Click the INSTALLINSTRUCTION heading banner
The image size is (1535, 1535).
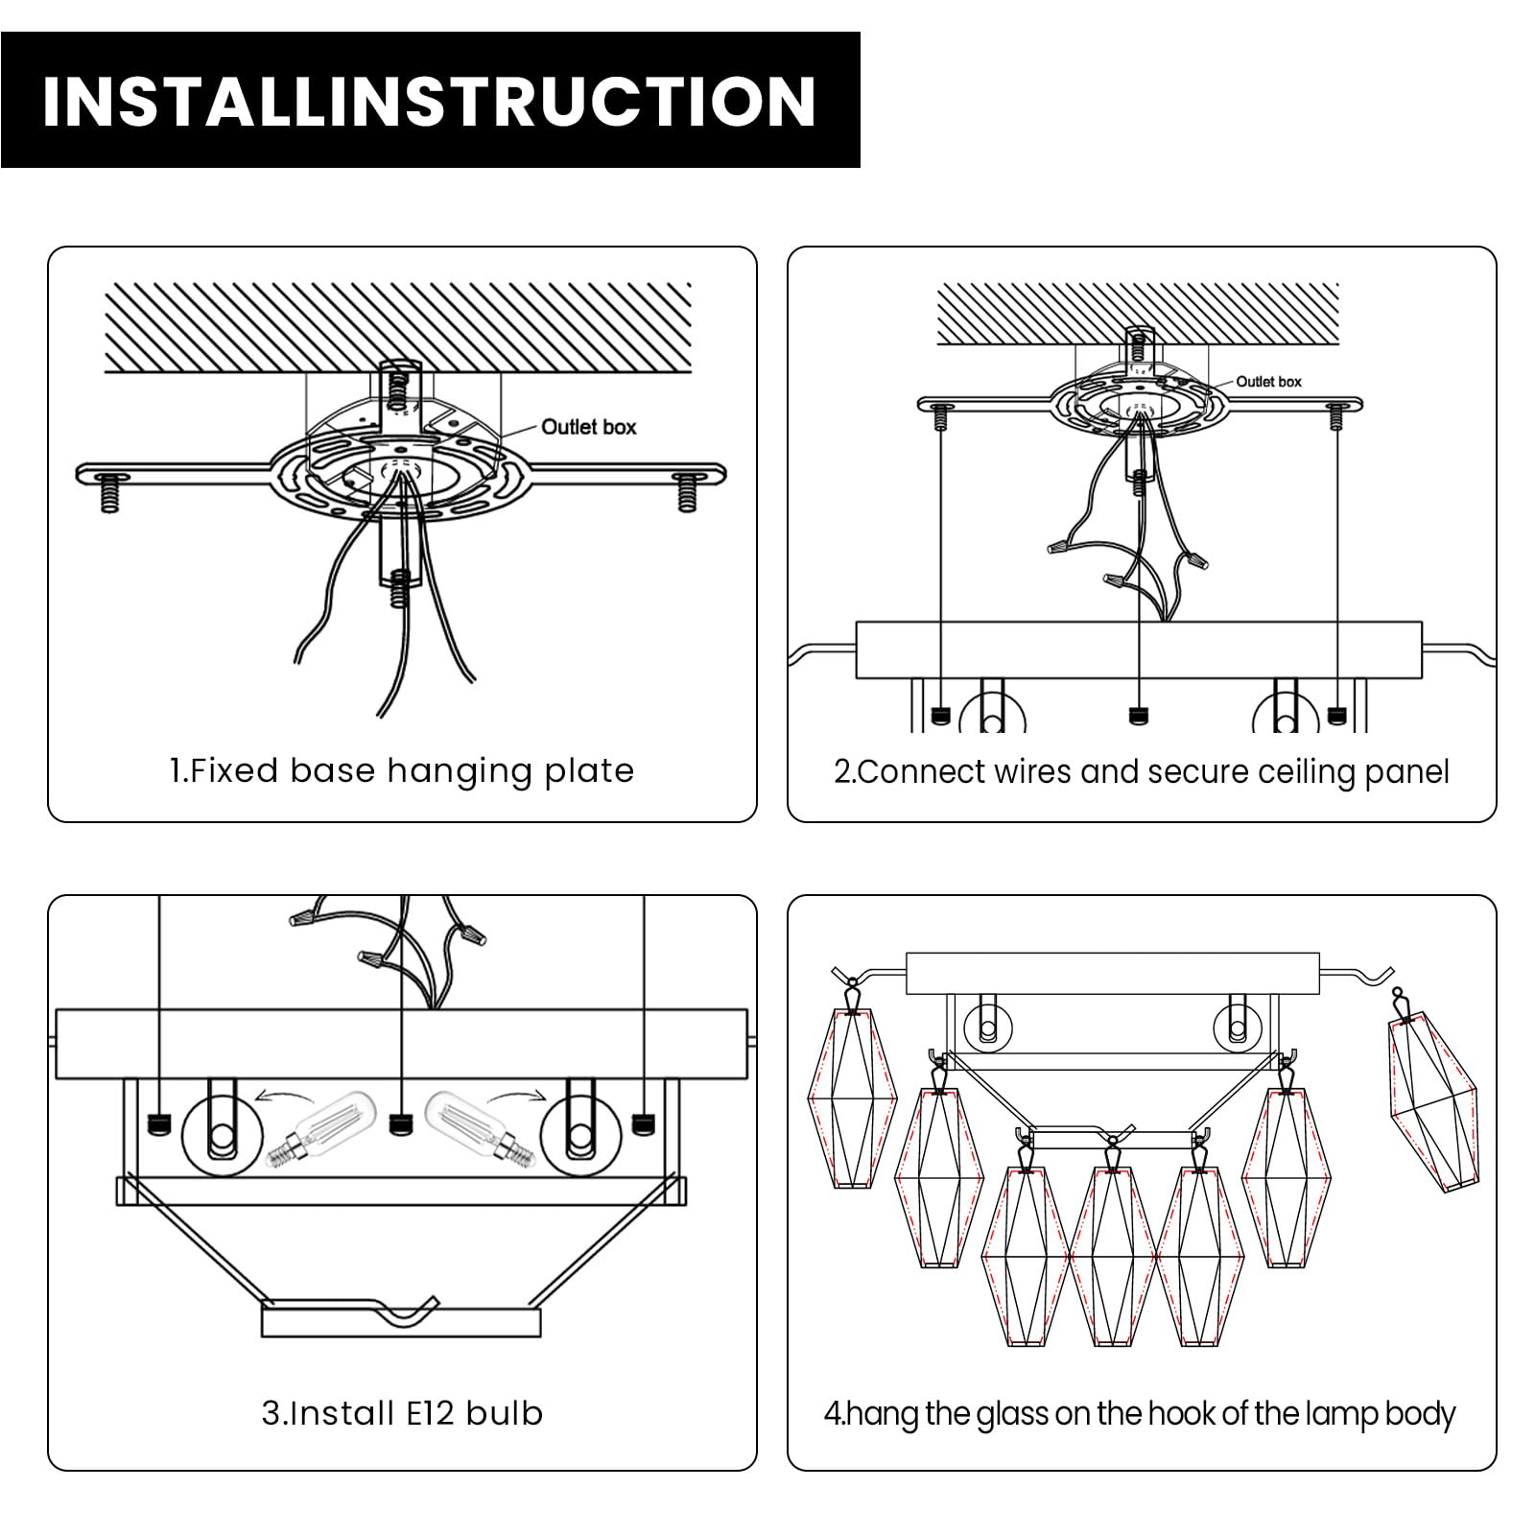click(x=430, y=100)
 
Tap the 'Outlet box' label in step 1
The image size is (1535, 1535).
click(x=588, y=427)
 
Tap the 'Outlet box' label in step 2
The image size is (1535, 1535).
click(x=1268, y=382)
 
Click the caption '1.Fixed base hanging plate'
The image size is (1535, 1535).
click(x=402, y=771)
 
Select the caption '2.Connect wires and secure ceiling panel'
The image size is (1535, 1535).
click(x=1142, y=772)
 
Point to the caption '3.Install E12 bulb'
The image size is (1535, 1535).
click(x=402, y=1413)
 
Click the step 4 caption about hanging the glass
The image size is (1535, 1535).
click(x=1140, y=1414)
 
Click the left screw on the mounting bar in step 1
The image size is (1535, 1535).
click(x=109, y=491)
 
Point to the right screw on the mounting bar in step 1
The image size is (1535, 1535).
click(x=687, y=491)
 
